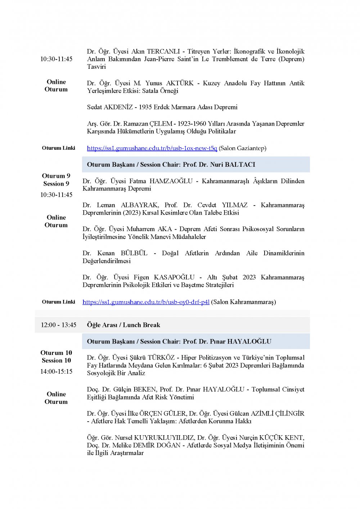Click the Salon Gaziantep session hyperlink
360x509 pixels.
click(x=152, y=148)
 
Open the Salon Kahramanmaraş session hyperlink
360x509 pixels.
click(x=146, y=302)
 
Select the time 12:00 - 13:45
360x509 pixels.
click(x=58, y=325)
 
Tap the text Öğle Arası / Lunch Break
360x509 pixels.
click(x=123, y=325)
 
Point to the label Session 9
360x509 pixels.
click(x=56, y=184)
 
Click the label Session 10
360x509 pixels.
click(x=56, y=360)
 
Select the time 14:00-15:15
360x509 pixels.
click(x=56, y=371)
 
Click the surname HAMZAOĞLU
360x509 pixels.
click(x=171, y=181)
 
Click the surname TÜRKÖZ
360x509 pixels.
click(x=161, y=357)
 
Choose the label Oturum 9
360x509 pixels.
click(x=56, y=176)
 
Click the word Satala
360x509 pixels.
click(x=151, y=91)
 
